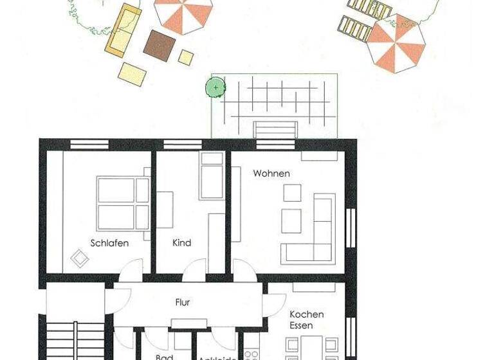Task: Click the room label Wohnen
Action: (271, 174)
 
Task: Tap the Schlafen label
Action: (109, 243)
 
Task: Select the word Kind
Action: (182, 243)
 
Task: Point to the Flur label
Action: (183, 301)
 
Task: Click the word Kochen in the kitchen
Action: (307, 314)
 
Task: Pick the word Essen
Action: (302, 325)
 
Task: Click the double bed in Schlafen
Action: (123, 203)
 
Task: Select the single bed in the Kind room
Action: (211, 175)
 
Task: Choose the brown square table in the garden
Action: (158, 44)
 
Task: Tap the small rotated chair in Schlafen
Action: (80, 258)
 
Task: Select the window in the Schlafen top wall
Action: (89, 145)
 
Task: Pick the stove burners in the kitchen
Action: (252, 354)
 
